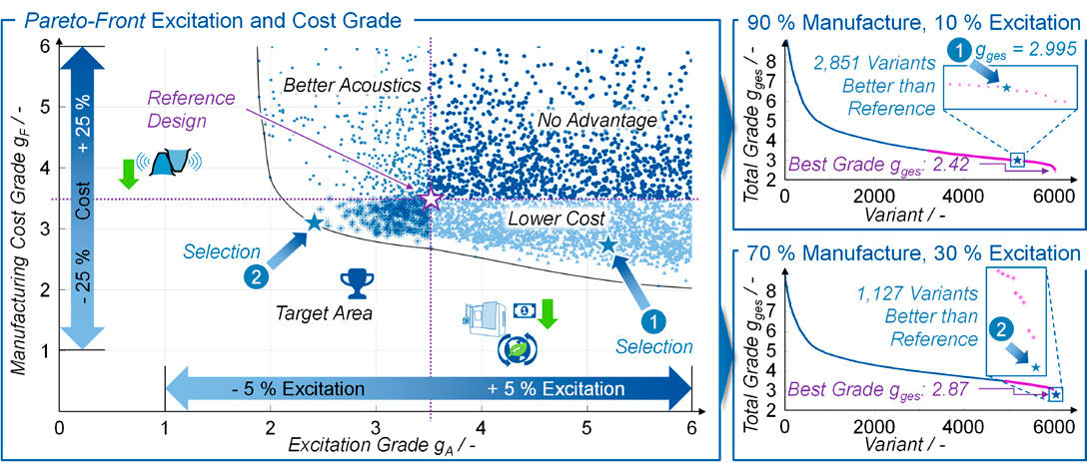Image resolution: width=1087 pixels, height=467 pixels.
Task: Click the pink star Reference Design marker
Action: [x=431, y=198]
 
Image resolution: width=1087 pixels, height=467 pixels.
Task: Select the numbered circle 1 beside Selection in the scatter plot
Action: [x=651, y=320]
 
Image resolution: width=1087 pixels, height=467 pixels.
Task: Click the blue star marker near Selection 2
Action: [x=313, y=223]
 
